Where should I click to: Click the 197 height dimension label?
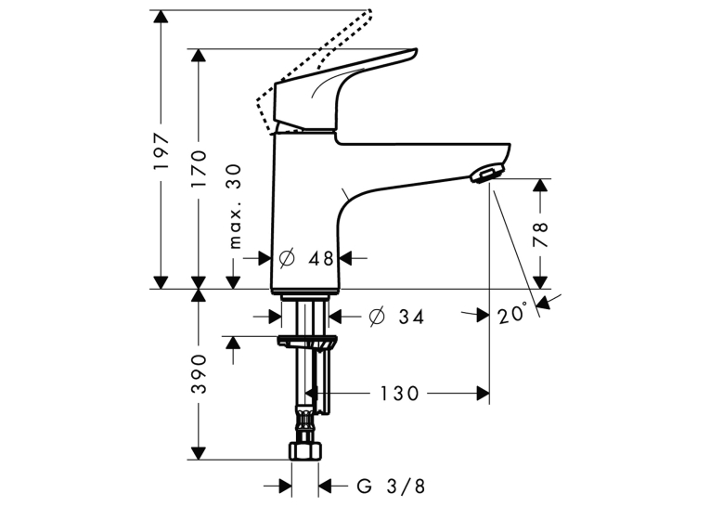point(161,151)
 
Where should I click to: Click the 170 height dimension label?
point(199,169)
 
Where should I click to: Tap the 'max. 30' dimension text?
point(235,207)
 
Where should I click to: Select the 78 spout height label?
point(540,234)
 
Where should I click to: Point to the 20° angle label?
point(512,314)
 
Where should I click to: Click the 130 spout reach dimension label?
point(399,394)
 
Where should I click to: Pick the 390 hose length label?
point(199,374)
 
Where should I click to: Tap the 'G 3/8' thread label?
point(392,487)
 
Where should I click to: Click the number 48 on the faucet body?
point(320,259)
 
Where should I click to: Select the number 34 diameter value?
point(411,318)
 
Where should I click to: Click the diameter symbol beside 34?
point(377,317)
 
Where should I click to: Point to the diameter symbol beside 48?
point(287,258)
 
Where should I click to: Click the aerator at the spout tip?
point(486,175)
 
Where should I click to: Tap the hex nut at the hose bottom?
point(305,451)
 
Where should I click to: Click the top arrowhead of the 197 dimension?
point(161,16)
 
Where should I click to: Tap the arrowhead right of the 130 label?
point(484,394)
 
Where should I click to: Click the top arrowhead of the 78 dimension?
point(540,186)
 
